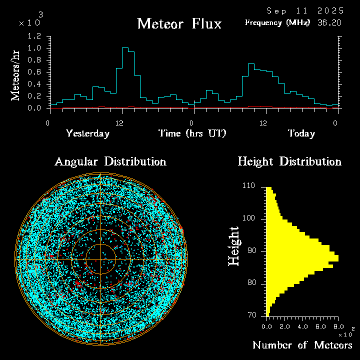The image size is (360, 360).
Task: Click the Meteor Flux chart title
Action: click(179, 24)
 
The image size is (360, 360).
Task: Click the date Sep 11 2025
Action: click(304, 10)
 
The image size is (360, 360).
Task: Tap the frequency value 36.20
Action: click(330, 22)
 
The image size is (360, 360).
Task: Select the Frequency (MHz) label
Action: click(277, 22)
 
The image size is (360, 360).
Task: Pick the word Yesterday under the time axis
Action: click(87, 133)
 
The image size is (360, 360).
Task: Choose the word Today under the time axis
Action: click(301, 133)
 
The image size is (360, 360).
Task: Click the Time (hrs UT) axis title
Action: click(192, 133)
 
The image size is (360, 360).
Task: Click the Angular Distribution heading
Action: click(110, 162)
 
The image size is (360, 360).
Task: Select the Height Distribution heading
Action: click(289, 162)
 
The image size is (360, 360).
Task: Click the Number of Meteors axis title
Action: click(302, 345)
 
